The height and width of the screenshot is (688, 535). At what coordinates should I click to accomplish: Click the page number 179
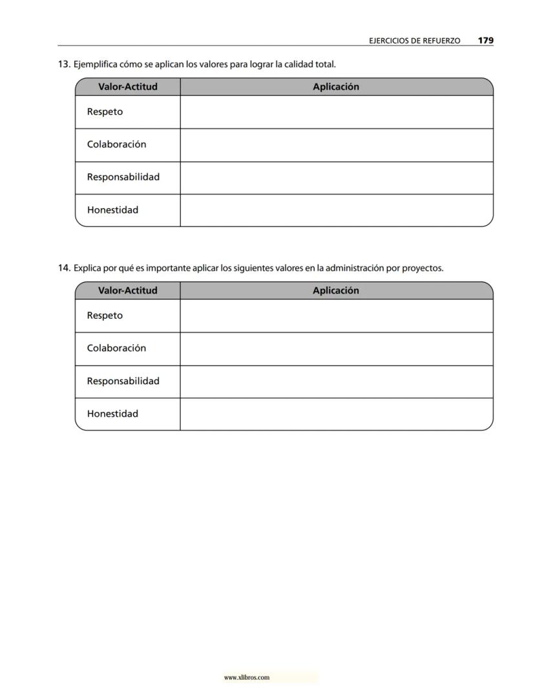(x=486, y=40)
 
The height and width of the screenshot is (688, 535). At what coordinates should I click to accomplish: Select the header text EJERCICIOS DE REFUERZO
(x=414, y=41)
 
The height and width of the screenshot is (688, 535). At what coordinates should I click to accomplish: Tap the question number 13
(x=64, y=65)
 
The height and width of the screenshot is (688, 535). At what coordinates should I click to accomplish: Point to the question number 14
(x=64, y=268)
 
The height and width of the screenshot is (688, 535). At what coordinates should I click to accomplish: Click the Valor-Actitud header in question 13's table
(x=128, y=87)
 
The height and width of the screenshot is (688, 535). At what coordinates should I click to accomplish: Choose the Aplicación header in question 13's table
(x=336, y=87)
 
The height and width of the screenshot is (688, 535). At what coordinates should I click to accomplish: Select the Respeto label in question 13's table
(x=105, y=112)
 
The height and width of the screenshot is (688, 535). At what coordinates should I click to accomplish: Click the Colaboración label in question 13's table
(x=116, y=144)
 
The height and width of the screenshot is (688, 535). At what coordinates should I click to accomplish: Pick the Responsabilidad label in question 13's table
(x=123, y=177)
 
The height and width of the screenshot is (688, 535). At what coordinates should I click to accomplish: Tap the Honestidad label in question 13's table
(x=112, y=210)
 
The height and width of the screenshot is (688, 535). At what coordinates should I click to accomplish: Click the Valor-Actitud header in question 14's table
(x=128, y=290)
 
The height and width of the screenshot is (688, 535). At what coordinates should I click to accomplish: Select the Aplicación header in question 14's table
(x=336, y=290)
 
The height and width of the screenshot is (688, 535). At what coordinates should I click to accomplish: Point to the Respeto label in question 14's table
(x=105, y=316)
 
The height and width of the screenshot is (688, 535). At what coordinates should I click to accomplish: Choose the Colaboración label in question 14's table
(x=116, y=348)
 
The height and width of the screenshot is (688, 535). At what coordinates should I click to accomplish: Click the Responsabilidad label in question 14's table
(x=123, y=381)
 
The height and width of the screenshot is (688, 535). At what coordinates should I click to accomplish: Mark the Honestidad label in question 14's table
(x=112, y=414)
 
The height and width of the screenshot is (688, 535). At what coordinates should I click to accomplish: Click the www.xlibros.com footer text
(x=246, y=678)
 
